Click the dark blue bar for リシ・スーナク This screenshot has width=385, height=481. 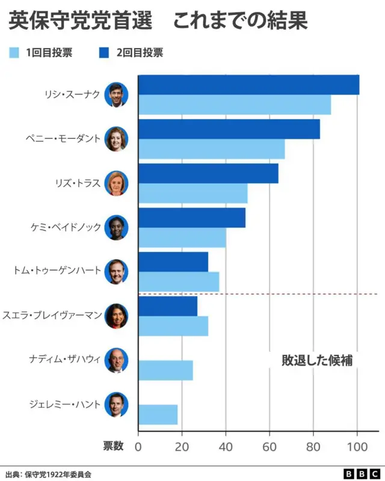click(248, 85)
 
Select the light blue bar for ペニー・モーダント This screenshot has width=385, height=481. click(211, 149)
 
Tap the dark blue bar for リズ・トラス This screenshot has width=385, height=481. click(208, 173)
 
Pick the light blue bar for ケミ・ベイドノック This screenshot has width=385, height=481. click(182, 237)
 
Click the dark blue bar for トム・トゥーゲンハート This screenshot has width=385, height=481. click(173, 262)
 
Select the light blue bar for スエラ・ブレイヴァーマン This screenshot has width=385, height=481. click(173, 326)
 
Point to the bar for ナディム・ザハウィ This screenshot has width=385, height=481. click(165, 370)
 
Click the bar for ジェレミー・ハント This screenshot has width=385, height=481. click(158, 415)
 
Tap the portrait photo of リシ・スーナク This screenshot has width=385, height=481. click(116, 94)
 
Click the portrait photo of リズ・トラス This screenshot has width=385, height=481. click(116, 183)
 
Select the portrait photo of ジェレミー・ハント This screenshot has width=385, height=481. click(116, 405)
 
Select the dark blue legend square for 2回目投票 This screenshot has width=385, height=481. click(103, 53)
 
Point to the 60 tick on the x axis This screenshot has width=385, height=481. click(269, 446)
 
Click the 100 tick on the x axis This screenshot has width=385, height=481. click(357, 446)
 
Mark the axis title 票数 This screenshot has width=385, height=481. click(113, 446)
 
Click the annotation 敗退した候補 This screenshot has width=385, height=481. click(317, 360)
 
